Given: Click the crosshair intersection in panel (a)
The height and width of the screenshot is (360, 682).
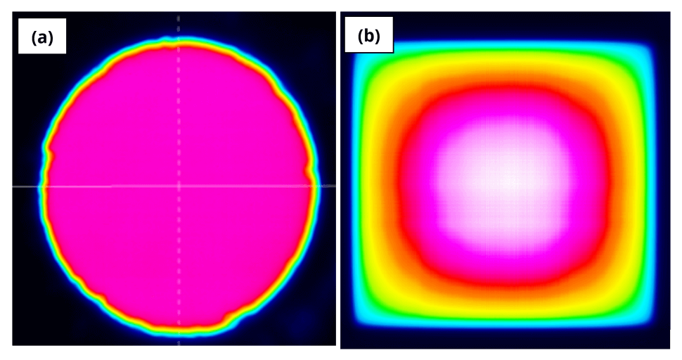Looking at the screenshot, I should point(179,186).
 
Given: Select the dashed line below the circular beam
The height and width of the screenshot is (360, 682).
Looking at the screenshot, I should point(179,338).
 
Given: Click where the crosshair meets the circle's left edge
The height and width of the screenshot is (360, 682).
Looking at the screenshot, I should point(40,186).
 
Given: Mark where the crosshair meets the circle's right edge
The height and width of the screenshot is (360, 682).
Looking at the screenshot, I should point(316,186).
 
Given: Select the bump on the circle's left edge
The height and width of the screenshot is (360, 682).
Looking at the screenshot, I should point(47,149).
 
